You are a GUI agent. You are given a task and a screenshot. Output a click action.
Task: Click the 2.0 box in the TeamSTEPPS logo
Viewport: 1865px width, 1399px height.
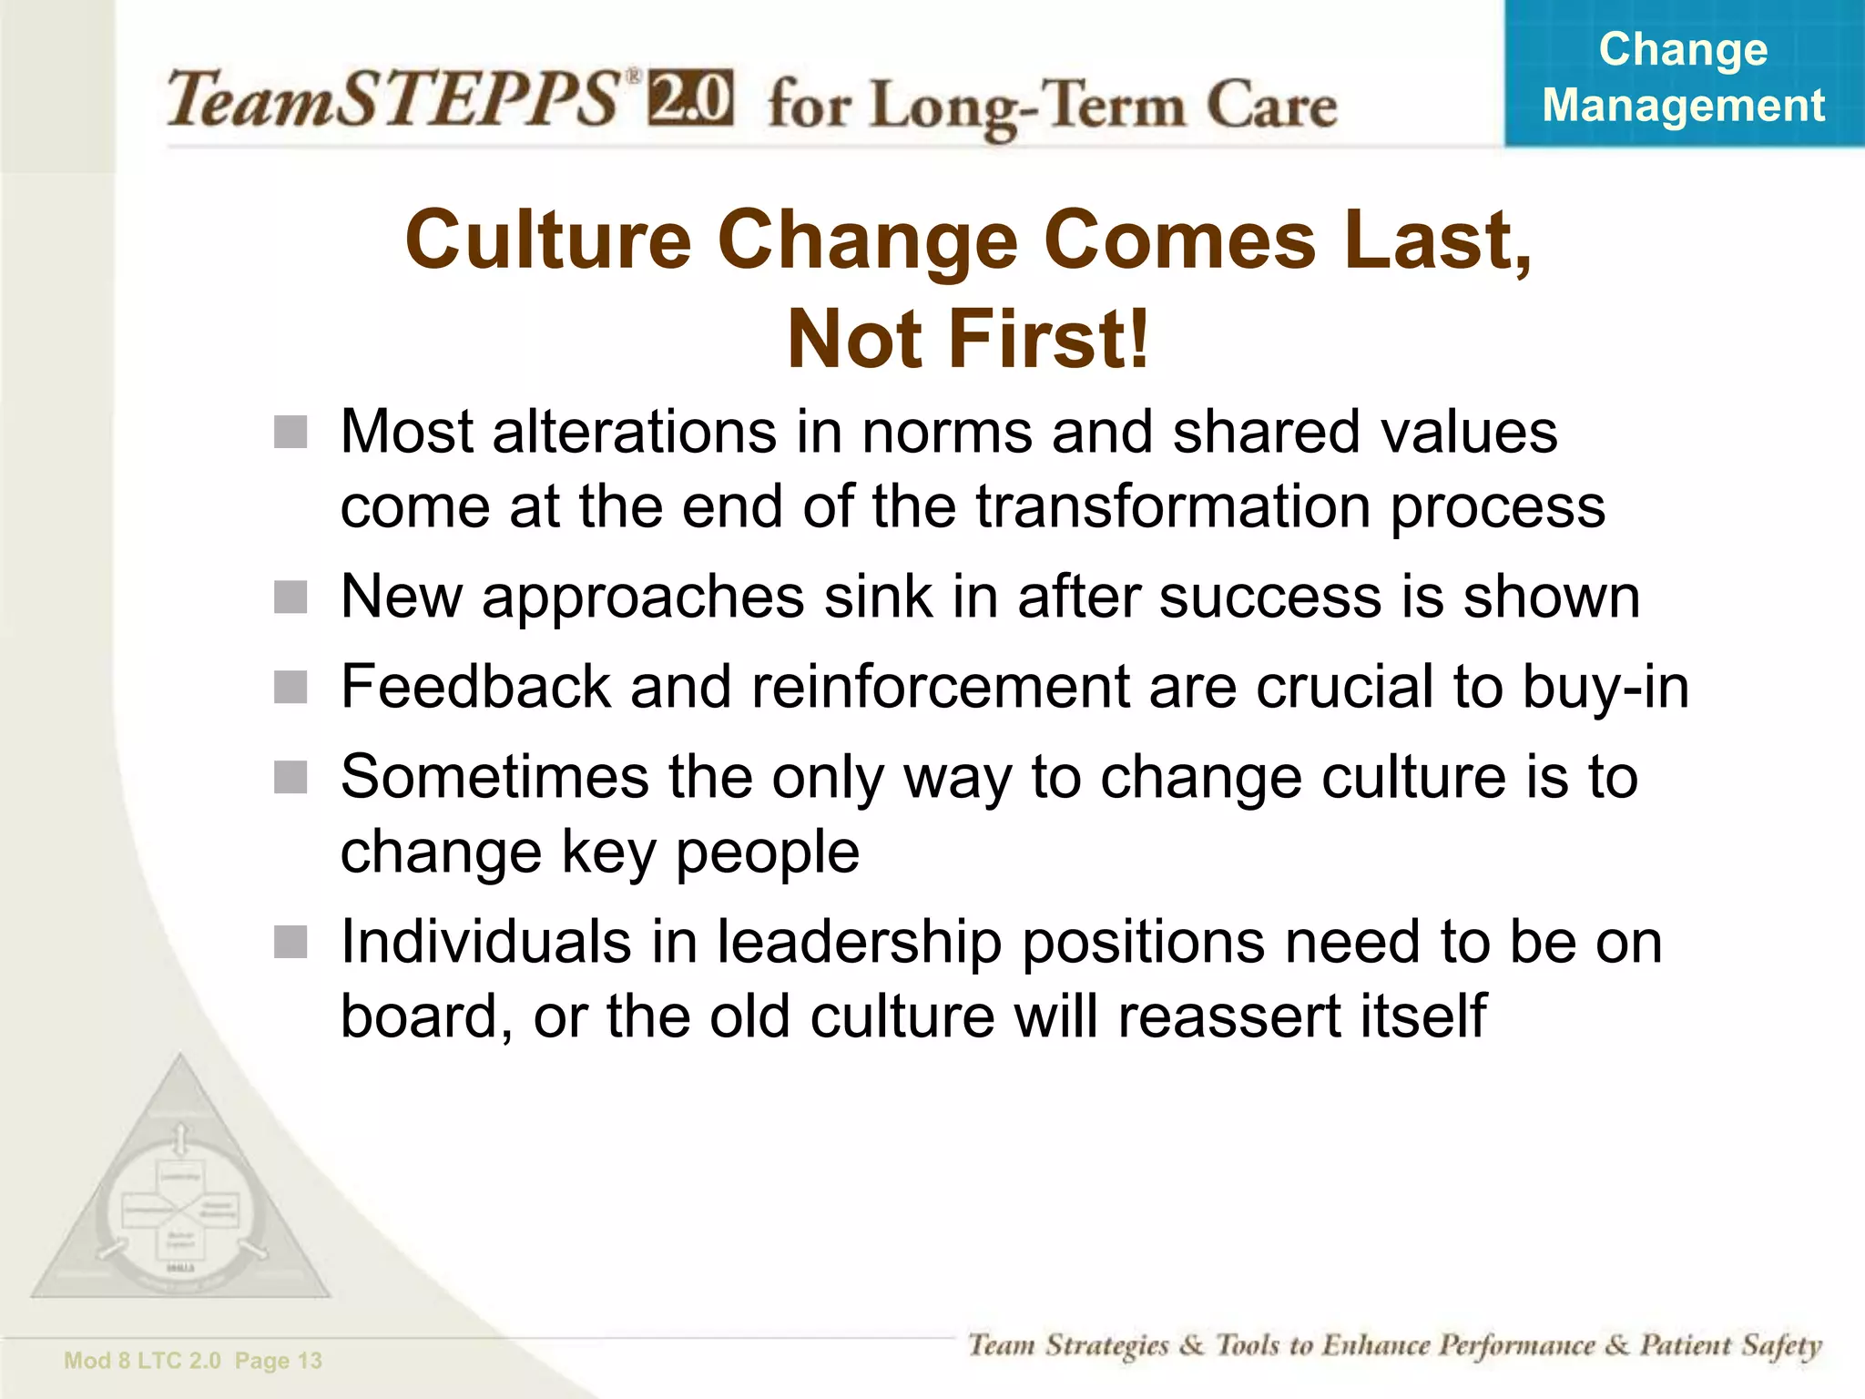tap(689, 98)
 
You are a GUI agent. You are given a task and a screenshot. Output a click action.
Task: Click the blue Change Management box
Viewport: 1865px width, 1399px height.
tap(1683, 75)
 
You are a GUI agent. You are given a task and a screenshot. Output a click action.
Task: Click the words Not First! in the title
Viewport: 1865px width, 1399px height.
tap(968, 339)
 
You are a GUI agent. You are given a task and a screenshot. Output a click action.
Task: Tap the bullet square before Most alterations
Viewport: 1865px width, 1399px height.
tap(290, 433)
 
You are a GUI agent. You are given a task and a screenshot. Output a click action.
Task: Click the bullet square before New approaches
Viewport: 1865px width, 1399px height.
tap(290, 598)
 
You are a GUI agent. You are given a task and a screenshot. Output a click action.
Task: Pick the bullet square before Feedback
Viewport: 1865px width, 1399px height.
tap(290, 688)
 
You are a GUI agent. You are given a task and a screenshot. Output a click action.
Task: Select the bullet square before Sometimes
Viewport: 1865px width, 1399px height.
tap(290, 778)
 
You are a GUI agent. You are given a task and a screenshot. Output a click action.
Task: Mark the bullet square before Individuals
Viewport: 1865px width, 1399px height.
tap(290, 943)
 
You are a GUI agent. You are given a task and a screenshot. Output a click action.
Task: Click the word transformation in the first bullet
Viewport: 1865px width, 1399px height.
tap(1173, 506)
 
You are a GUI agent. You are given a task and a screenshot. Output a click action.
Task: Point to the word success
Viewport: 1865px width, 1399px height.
tap(1270, 597)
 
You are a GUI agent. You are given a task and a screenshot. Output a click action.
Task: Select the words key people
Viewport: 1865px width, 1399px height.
tap(710, 853)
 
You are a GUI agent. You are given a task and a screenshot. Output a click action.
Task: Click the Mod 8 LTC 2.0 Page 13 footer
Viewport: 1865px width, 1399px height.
tap(193, 1361)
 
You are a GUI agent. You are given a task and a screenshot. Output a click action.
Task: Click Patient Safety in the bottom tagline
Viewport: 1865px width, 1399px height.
tap(1730, 1345)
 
